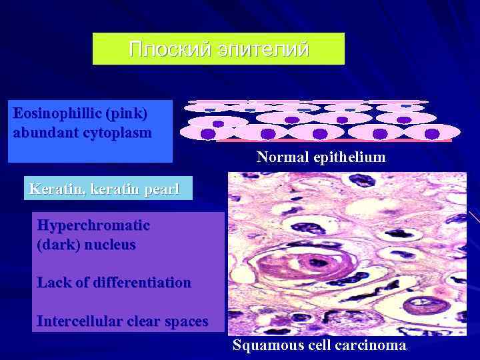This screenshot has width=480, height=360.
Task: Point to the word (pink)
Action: pyautogui.click(x=125, y=113)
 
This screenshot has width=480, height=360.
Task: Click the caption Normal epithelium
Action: pyautogui.click(x=321, y=158)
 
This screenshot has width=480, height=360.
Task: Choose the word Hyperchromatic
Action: pyautogui.click(x=93, y=225)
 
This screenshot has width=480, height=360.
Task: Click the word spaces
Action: pyautogui.click(x=183, y=321)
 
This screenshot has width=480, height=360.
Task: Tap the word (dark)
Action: pyautogui.click(x=57, y=245)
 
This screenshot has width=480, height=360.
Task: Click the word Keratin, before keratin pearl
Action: pyautogui.click(x=51, y=189)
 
